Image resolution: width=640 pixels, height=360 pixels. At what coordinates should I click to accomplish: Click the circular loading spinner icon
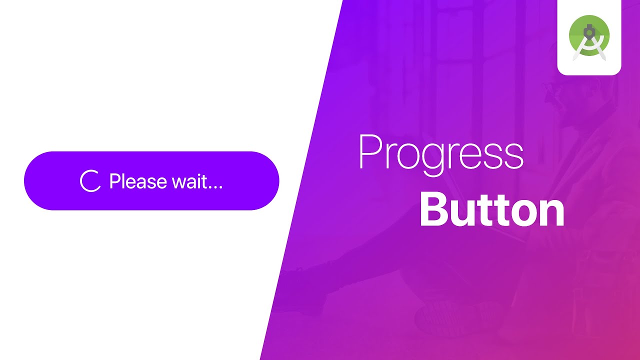coord(90,181)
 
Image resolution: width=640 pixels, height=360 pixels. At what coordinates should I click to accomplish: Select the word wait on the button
coord(189,181)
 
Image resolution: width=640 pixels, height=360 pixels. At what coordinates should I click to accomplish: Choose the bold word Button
coord(492,211)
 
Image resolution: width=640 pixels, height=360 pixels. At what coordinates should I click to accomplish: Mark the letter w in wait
coord(179,182)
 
